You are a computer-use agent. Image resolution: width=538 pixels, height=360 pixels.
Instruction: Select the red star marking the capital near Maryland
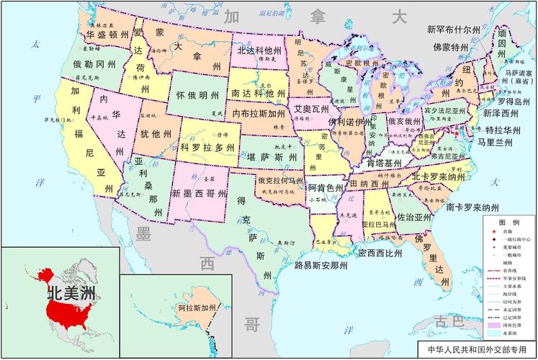coord(457,133)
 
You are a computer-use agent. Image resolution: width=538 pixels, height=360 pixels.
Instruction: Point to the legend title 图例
coord(511,222)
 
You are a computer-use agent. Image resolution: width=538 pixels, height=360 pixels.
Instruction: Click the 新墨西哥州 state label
coord(199,194)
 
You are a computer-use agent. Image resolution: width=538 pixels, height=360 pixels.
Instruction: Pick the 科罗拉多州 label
coord(207,147)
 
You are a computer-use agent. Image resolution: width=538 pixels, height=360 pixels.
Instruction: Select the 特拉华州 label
coord(503,130)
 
